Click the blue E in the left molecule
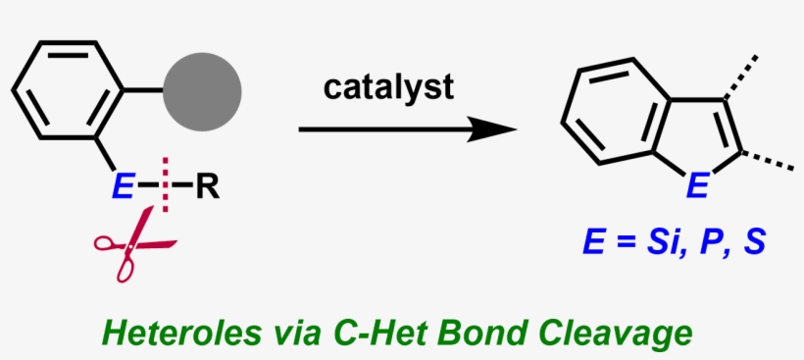click(122, 186)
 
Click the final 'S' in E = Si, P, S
click(752, 237)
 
